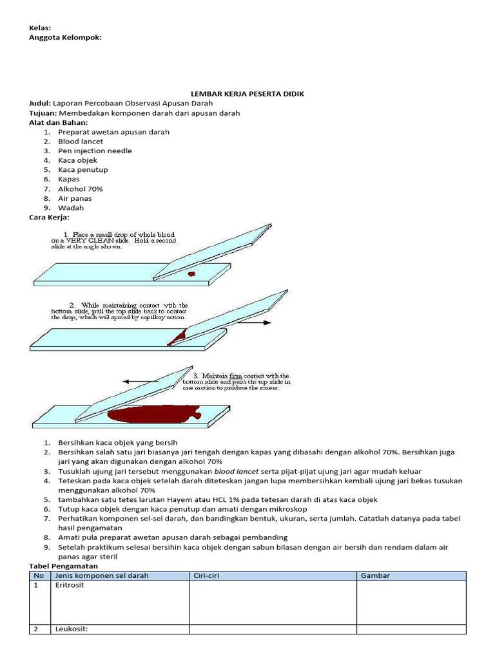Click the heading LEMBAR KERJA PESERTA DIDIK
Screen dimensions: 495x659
247,94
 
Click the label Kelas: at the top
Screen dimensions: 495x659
40,28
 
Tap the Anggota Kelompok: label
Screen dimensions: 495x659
65,37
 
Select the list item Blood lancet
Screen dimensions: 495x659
77,142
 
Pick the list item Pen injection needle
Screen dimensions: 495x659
95,151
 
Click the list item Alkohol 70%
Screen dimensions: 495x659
81,189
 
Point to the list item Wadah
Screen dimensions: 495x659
71,208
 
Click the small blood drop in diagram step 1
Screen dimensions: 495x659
191,275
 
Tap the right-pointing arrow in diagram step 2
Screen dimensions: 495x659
258,322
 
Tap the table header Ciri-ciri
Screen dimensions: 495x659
207,575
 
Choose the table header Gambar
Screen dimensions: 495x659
375,575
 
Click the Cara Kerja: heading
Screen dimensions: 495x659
49,218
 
